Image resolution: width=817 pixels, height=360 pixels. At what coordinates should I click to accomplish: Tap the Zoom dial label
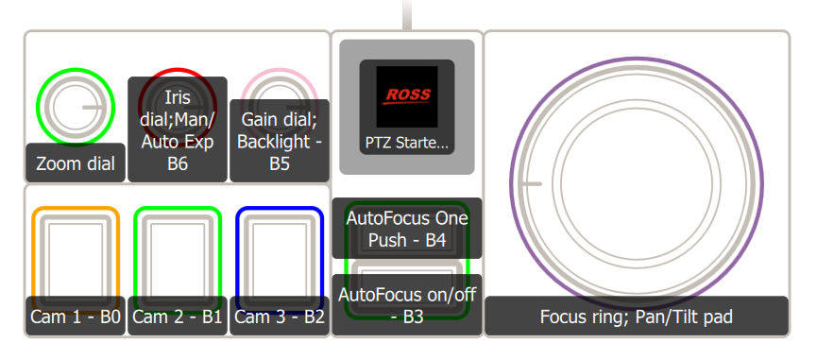click(x=75, y=163)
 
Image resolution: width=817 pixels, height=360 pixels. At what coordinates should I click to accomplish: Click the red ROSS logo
click(x=406, y=95)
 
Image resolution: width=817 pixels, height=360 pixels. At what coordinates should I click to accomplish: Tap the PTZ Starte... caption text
click(x=406, y=144)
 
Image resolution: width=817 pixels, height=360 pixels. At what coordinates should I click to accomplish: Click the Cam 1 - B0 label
click(x=76, y=317)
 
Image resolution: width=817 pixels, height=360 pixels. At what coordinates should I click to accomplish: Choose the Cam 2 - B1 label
click(x=178, y=317)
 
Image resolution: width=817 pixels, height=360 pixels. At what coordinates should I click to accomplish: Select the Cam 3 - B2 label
click(x=280, y=317)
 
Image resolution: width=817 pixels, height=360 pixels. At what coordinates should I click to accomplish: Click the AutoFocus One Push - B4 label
click(x=407, y=228)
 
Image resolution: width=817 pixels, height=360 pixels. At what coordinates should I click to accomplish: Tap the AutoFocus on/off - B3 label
click(x=407, y=303)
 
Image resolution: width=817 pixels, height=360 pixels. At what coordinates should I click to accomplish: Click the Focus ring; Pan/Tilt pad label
click(x=636, y=317)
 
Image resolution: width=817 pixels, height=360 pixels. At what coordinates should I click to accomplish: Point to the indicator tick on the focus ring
click(x=532, y=185)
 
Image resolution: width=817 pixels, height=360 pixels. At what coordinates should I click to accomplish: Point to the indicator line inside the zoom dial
click(x=94, y=108)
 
